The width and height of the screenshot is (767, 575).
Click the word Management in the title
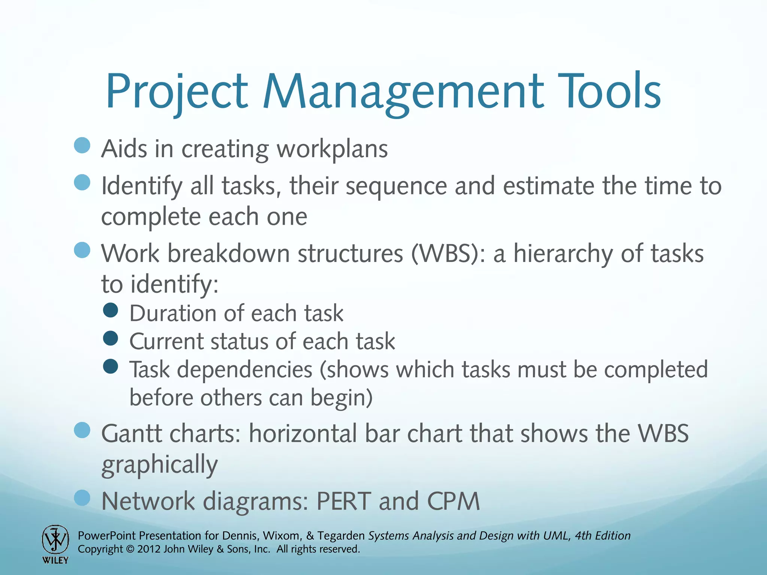pyautogui.click(x=403, y=92)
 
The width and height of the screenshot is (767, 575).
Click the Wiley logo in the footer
pyautogui.click(x=55, y=544)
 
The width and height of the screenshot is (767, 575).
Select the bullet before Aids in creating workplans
pyautogui.click(x=82, y=145)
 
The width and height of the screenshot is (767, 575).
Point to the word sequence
pyautogui.click(x=396, y=186)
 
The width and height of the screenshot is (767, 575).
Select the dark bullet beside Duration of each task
pyautogui.click(x=110, y=310)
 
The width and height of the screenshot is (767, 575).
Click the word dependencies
pyautogui.click(x=245, y=370)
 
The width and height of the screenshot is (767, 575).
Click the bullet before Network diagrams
pyautogui.click(x=82, y=498)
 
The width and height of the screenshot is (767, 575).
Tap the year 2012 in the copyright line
pyautogui.click(x=149, y=549)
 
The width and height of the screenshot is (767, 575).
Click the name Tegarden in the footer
pyautogui.click(x=341, y=536)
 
